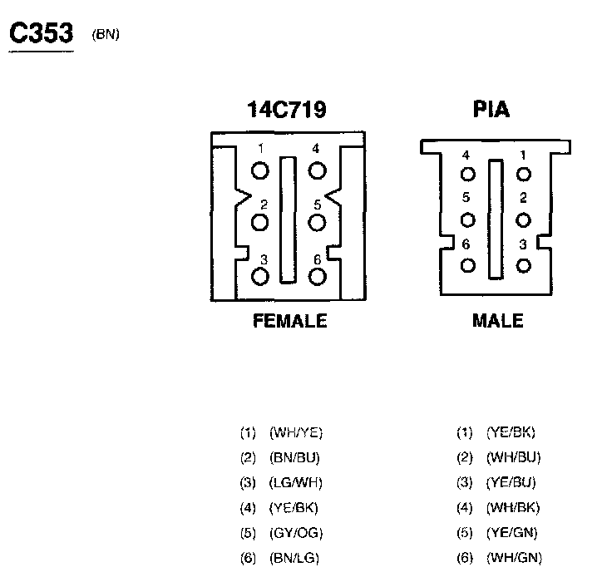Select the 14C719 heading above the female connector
tap(286, 110)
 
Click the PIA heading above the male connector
tap(491, 110)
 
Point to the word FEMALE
tap(289, 321)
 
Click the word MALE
tap(497, 321)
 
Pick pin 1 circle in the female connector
tap(261, 170)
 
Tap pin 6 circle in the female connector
tap(317, 277)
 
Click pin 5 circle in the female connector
tap(317, 223)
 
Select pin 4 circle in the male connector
tap(468, 174)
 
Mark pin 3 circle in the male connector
tap(523, 265)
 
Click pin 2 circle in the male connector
tap(523, 219)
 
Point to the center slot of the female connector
tap(288, 219)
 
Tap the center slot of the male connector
tap(496, 219)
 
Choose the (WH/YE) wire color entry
tap(296, 432)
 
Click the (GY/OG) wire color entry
tap(296, 532)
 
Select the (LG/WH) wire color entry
tap(296, 482)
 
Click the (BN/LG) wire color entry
tap(294, 557)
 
